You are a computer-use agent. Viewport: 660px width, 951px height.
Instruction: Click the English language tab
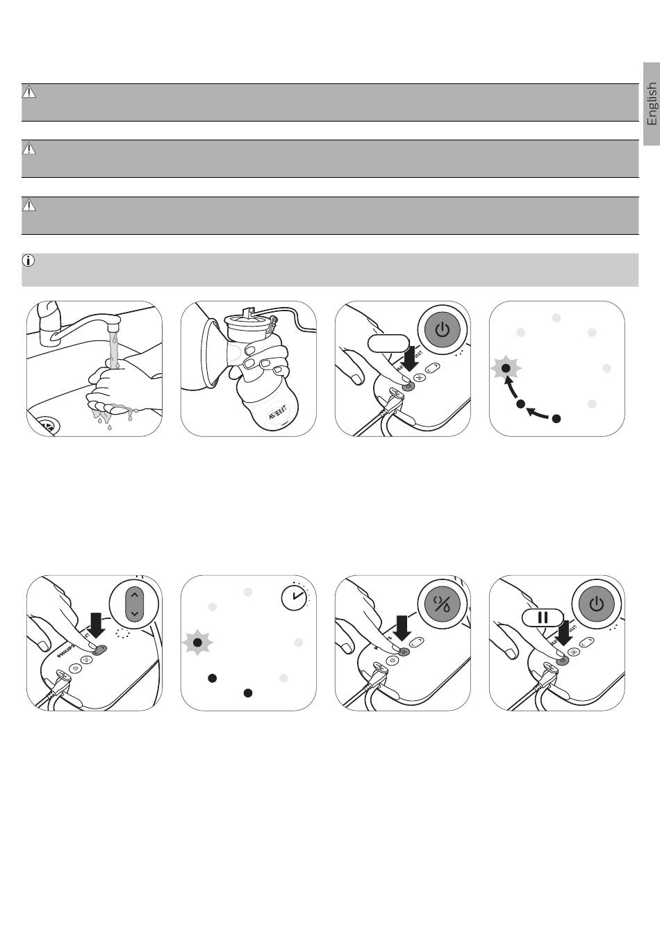coord(651,104)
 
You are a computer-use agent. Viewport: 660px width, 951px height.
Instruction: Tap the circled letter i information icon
coord(28,261)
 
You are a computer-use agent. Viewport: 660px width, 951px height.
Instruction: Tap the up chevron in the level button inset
coord(135,594)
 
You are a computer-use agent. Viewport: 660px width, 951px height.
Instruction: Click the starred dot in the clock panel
coord(197,643)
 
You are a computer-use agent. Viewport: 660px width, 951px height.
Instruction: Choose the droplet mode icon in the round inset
coord(443,604)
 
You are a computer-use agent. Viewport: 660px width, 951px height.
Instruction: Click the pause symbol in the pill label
coord(543,617)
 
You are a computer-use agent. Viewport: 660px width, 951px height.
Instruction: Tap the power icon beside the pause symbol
coord(596,604)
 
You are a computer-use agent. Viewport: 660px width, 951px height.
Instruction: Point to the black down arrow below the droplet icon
coord(402,627)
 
